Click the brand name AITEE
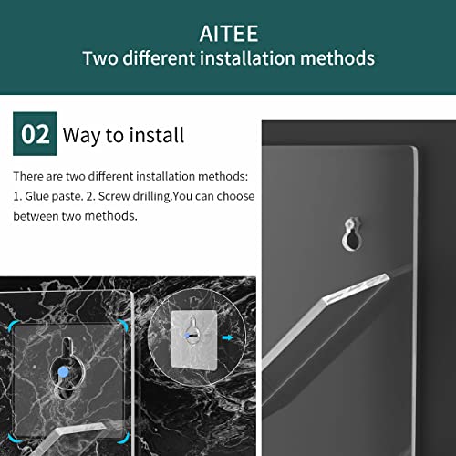(x=229, y=34)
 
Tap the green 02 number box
(x=35, y=134)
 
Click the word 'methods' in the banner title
(x=337, y=58)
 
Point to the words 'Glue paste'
(x=53, y=197)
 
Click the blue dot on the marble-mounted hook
(x=63, y=372)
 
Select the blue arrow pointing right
(x=227, y=337)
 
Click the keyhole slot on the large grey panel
(x=352, y=234)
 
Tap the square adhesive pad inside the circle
(x=193, y=340)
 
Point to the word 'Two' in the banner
(x=100, y=58)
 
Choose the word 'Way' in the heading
(x=82, y=136)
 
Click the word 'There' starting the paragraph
(x=27, y=176)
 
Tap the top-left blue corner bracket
(x=12, y=326)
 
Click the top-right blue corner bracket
(x=123, y=325)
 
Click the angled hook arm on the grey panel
(x=325, y=321)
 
